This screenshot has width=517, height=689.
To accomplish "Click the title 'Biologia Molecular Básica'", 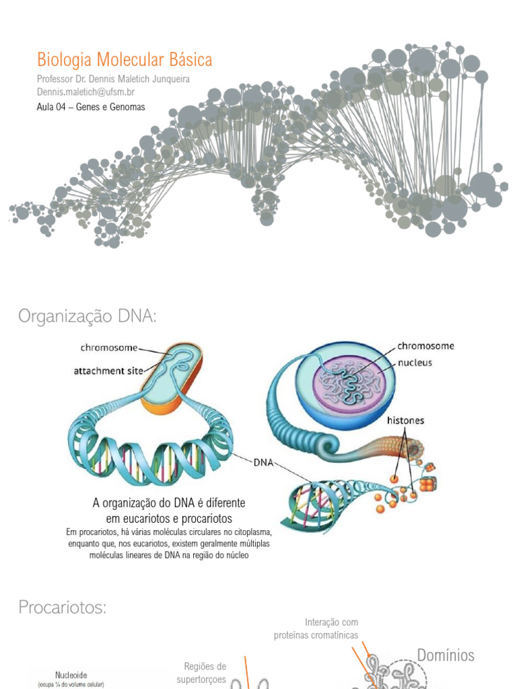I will (x=125, y=60).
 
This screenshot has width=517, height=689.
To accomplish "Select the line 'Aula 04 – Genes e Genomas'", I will (x=91, y=106).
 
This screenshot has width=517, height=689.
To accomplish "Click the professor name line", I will (x=113, y=79).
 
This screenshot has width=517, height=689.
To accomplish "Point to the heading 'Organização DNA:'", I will (x=87, y=316).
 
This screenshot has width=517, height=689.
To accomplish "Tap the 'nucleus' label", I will (x=414, y=362).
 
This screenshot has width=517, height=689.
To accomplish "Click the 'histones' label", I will (x=405, y=421).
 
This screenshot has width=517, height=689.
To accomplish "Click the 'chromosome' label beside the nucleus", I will (x=425, y=346).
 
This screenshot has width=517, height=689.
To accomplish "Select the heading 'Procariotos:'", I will (x=63, y=608).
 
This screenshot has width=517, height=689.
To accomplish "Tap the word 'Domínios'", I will (x=446, y=655).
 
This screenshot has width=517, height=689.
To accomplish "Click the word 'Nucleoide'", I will (x=71, y=674).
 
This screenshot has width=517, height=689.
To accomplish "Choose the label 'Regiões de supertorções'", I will (x=205, y=673).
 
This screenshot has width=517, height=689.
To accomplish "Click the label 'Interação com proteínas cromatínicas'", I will (x=316, y=628).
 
